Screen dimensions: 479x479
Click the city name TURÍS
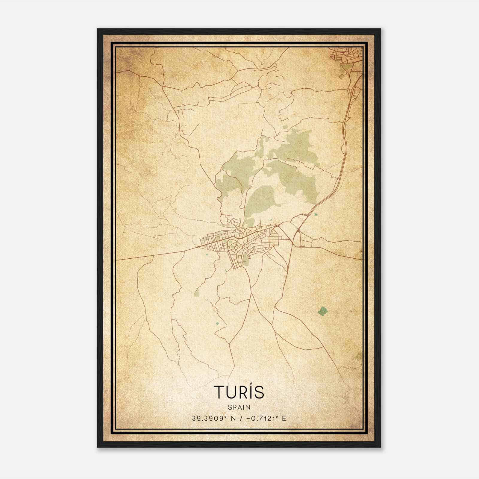tap(239, 392)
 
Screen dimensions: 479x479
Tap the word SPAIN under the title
tap(239, 407)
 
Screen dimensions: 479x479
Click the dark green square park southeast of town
tap(322, 311)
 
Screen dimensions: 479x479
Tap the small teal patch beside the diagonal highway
tap(316, 214)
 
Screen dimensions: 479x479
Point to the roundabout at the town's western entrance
tap(198, 247)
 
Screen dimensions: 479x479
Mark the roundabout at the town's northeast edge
tap(278, 225)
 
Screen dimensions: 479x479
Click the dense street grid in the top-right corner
tap(344, 56)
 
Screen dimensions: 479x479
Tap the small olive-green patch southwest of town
tap(197, 294)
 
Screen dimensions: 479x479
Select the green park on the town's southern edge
tap(246, 259)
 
